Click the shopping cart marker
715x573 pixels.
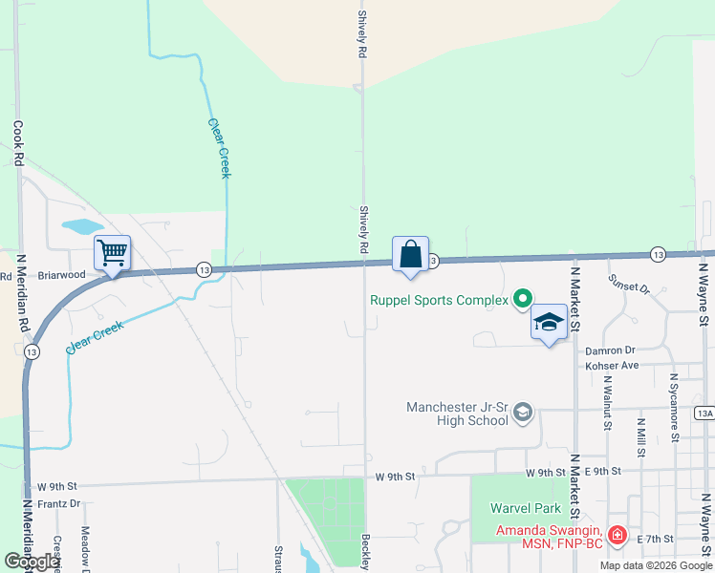(x=113, y=253)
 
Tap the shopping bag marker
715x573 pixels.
(x=410, y=255)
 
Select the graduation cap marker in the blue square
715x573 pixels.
(x=549, y=322)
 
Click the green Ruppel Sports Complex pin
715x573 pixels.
(x=522, y=300)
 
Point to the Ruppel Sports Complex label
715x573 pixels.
(x=440, y=301)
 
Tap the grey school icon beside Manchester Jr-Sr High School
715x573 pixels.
(x=522, y=413)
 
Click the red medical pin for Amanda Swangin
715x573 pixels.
(x=617, y=535)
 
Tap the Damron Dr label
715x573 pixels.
(x=611, y=350)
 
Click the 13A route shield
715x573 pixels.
(x=704, y=413)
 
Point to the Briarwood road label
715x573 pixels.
(x=61, y=274)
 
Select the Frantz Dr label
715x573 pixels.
(x=59, y=502)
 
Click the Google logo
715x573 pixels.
(x=32, y=562)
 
